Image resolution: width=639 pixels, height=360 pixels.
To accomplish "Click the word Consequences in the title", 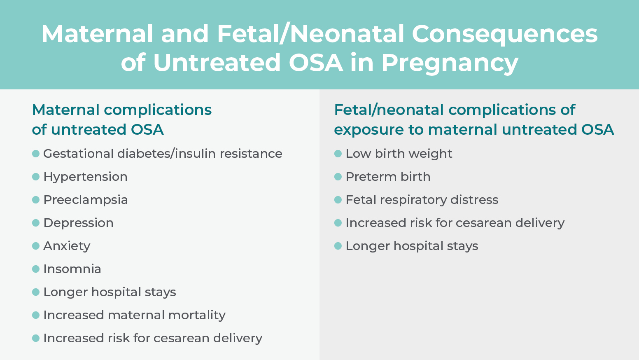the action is coord(505,34).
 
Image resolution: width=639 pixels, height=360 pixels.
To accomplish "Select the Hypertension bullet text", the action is coord(85,177).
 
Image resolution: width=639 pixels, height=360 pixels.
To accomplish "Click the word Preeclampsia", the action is coord(86,200).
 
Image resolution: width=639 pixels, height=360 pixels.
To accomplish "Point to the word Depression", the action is coord(79,223).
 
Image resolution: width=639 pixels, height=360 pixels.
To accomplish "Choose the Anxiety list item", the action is coord(67,246).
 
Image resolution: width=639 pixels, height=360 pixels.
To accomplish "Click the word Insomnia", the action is coord(72,269).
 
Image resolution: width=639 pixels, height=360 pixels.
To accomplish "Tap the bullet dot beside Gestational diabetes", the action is coord(36,154).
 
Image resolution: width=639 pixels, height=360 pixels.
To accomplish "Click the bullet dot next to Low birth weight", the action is coord(338,154).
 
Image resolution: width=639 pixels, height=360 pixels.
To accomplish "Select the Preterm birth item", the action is coord(388,177).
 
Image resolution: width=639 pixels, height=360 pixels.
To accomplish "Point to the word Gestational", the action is coord(79,154).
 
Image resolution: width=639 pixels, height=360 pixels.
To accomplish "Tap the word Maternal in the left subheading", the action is coord(66,110).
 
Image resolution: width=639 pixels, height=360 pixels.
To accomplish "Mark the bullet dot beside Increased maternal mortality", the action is coord(36,315).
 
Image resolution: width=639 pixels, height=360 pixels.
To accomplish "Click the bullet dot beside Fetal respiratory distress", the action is coord(338,200).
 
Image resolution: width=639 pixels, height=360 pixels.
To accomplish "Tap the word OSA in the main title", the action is coord(315,63).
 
